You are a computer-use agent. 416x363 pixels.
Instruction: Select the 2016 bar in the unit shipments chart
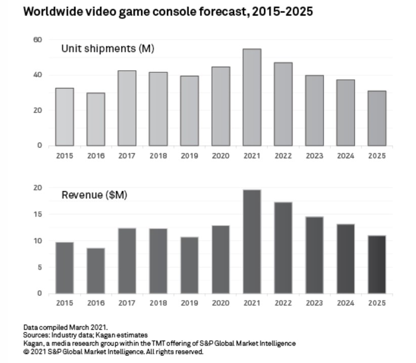[x=96, y=119]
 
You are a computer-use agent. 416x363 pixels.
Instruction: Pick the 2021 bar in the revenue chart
[x=252, y=242]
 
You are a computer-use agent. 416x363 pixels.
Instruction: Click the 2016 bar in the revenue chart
[x=96, y=270]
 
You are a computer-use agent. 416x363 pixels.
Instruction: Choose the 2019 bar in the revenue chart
[x=189, y=265]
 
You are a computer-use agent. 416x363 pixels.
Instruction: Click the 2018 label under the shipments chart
[x=158, y=156]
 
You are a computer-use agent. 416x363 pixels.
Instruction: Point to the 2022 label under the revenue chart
[x=283, y=303]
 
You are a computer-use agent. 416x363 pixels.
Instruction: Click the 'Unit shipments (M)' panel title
[x=107, y=49]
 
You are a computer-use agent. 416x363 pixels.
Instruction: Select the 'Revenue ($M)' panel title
[x=94, y=195]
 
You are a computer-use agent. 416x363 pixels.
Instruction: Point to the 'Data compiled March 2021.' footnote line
[x=65, y=328]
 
